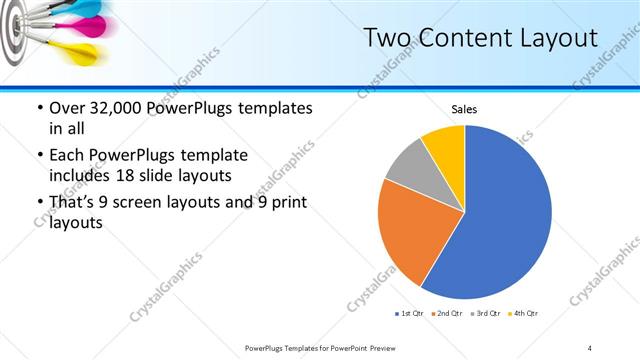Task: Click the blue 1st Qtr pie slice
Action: (500, 220)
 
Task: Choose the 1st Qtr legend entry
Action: (407, 314)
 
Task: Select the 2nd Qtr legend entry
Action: (446, 314)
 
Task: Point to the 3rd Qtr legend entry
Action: (485, 314)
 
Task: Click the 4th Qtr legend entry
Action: (523, 314)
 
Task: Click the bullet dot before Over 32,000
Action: (38, 108)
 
